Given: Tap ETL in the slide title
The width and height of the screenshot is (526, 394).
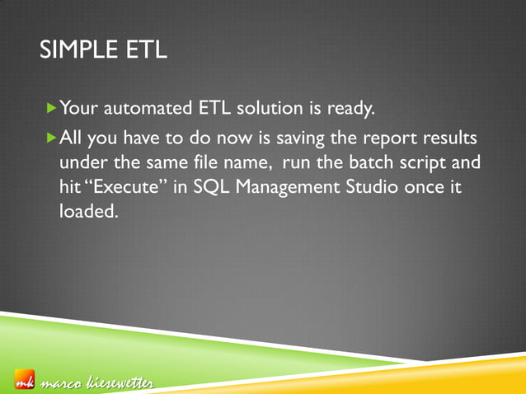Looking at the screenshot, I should click(145, 52).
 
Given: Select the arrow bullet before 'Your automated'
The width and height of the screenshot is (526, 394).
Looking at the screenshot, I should click(53, 107).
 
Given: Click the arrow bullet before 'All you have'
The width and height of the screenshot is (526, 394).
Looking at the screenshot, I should click(53, 135).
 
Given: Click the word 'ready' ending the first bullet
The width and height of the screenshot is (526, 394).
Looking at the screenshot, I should click(351, 108).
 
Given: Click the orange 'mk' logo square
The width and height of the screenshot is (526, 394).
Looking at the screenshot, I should click(24, 382).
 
